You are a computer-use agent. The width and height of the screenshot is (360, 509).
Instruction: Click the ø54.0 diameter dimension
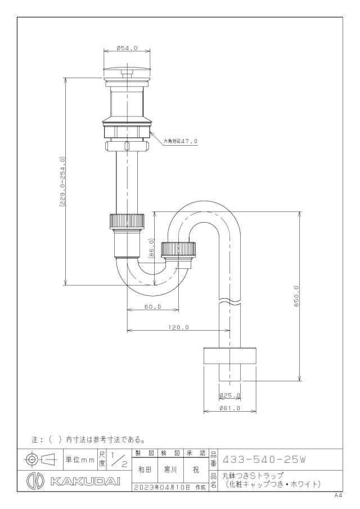click(x=127, y=48)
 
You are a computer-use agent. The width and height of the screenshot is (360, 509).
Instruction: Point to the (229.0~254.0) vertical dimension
click(x=62, y=182)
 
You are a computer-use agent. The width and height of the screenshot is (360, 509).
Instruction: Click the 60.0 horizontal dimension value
click(x=153, y=307)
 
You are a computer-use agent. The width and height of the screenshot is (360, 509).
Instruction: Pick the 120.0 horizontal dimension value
click(x=178, y=327)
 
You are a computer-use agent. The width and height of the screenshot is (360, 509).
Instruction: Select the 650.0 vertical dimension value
click(x=296, y=297)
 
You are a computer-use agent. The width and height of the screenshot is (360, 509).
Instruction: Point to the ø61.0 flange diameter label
click(x=229, y=408)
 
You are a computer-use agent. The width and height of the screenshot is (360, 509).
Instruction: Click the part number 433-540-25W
click(x=263, y=460)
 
